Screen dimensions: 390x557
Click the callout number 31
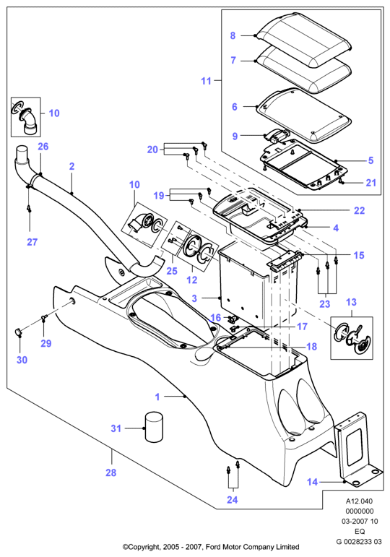(x=116, y=428)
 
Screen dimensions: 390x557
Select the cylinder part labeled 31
(x=154, y=427)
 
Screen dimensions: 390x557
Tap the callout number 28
(x=110, y=472)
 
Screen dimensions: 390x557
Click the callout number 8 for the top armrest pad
(x=233, y=35)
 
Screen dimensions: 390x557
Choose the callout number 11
(x=206, y=81)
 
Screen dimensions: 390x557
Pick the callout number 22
(x=359, y=211)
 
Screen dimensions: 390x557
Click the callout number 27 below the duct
(x=32, y=242)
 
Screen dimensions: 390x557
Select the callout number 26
(x=43, y=147)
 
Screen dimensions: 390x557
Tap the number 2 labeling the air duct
(x=71, y=166)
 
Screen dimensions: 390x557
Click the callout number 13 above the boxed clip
(x=351, y=302)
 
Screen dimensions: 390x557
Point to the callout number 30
(x=22, y=360)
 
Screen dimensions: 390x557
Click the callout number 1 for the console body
(x=157, y=397)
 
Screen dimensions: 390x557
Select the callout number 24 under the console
(x=233, y=499)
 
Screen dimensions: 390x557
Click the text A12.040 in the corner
(x=360, y=501)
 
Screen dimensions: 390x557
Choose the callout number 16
(x=216, y=318)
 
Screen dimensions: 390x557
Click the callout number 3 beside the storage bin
(x=194, y=298)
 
